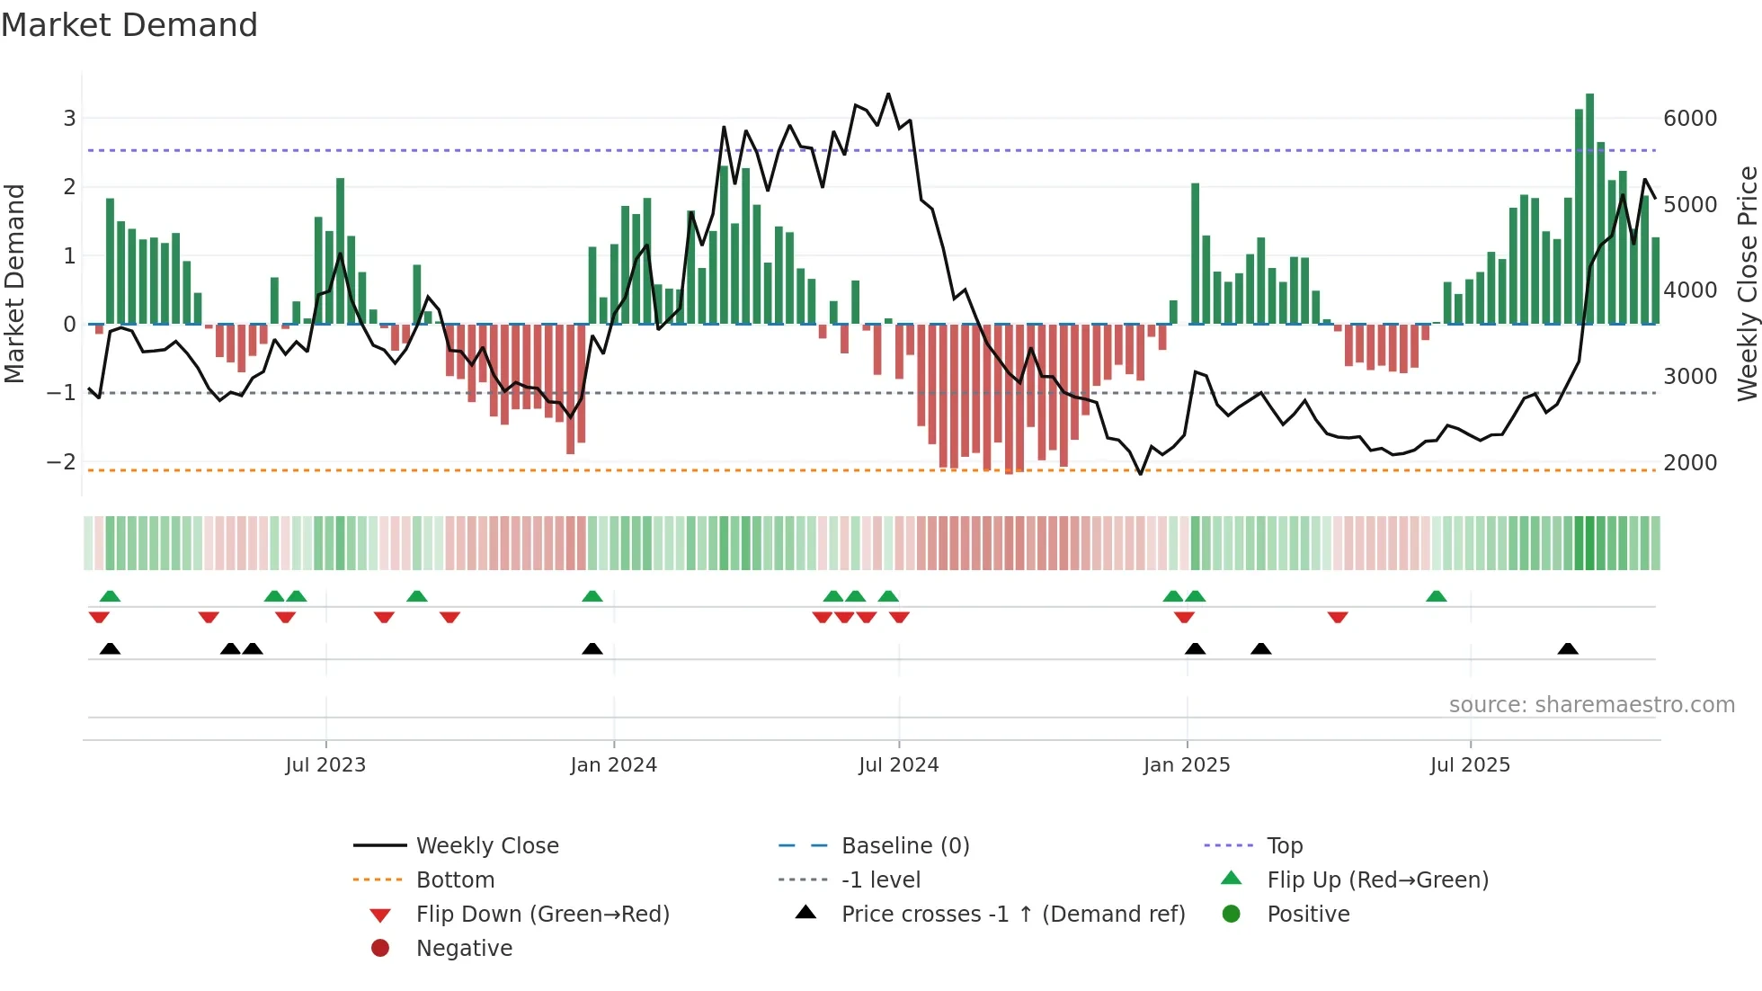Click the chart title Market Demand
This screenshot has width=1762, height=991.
(129, 25)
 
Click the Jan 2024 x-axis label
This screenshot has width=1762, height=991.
(613, 765)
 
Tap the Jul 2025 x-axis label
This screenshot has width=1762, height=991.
(1470, 765)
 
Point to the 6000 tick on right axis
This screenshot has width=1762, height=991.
(1690, 119)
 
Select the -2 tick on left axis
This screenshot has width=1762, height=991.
(61, 462)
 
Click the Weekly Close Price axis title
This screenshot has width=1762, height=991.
(1747, 283)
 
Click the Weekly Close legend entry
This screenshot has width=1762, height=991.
(486, 846)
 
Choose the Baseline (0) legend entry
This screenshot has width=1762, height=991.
(904, 846)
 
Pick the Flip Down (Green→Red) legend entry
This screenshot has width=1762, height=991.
(542, 915)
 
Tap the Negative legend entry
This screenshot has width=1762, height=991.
(464, 949)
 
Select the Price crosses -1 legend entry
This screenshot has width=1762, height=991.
(1012, 915)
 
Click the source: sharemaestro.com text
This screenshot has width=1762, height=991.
(1591, 705)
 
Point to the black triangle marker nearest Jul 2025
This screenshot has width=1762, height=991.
(1568, 648)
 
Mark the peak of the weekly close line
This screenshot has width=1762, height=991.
(888, 94)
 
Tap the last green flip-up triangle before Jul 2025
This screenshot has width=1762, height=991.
(1437, 596)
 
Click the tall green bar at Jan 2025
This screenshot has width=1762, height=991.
(1195, 254)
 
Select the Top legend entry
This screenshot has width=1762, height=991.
(1284, 846)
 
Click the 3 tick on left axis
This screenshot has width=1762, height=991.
(69, 119)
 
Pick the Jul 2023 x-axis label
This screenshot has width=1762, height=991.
(325, 765)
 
